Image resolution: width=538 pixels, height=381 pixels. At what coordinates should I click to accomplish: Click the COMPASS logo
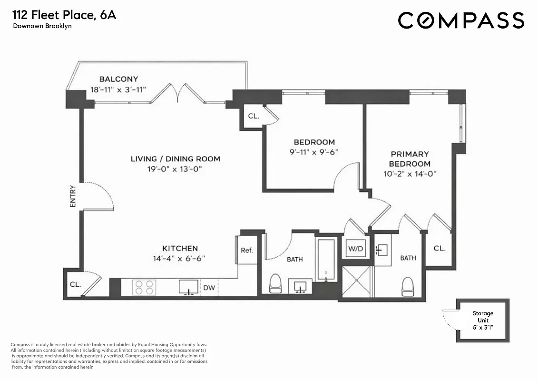pyautogui.click(x=460, y=20)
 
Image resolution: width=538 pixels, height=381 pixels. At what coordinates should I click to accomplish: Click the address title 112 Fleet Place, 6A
pyautogui.click(x=64, y=15)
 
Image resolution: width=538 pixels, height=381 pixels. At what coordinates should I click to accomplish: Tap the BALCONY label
pyautogui.click(x=118, y=79)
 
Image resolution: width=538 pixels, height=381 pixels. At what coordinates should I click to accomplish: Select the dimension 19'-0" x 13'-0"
pyautogui.click(x=175, y=169)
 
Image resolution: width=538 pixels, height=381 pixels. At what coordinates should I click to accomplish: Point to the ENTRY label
pyautogui.click(x=73, y=196)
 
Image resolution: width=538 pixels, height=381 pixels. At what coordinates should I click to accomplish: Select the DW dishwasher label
pyautogui.click(x=209, y=288)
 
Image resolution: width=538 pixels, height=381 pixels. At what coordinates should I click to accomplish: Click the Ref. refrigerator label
pyautogui.click(x=247, y=250)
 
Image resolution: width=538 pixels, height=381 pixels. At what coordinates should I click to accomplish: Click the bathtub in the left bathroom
pyautogui.click(x=326, y=260)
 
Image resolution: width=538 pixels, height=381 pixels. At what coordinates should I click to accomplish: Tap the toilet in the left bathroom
pyautogui.click(x=276, y=285)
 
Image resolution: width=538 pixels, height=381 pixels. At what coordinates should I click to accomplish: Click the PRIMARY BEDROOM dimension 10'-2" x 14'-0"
pyautogui.click(x=410, y=174)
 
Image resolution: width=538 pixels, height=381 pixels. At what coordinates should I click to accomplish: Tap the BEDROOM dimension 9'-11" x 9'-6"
pyautogui.click(x=314, y=152)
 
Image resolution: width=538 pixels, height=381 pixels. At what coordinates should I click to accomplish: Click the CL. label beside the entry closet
pyautogui.click(x=75, y=284)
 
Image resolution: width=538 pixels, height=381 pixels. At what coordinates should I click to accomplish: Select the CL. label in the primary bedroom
pyautogui.click(x=440, y=248)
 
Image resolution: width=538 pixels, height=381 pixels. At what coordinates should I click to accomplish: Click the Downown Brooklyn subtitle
pyautogui.click(x=42, y=26)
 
